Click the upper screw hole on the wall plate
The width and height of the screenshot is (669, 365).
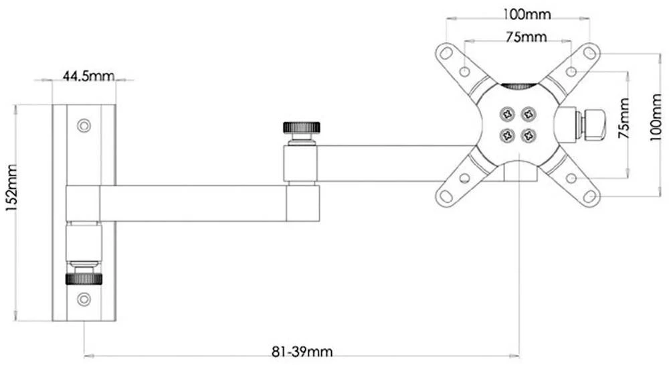point(84,125)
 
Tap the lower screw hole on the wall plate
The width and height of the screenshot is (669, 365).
point(84,299)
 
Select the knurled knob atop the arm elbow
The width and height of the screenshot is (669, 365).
point(301,127)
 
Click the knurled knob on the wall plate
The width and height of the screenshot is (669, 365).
point(84,278)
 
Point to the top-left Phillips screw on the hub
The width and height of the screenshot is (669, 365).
point(506,113)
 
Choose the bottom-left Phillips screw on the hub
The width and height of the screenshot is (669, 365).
point(506,135)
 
